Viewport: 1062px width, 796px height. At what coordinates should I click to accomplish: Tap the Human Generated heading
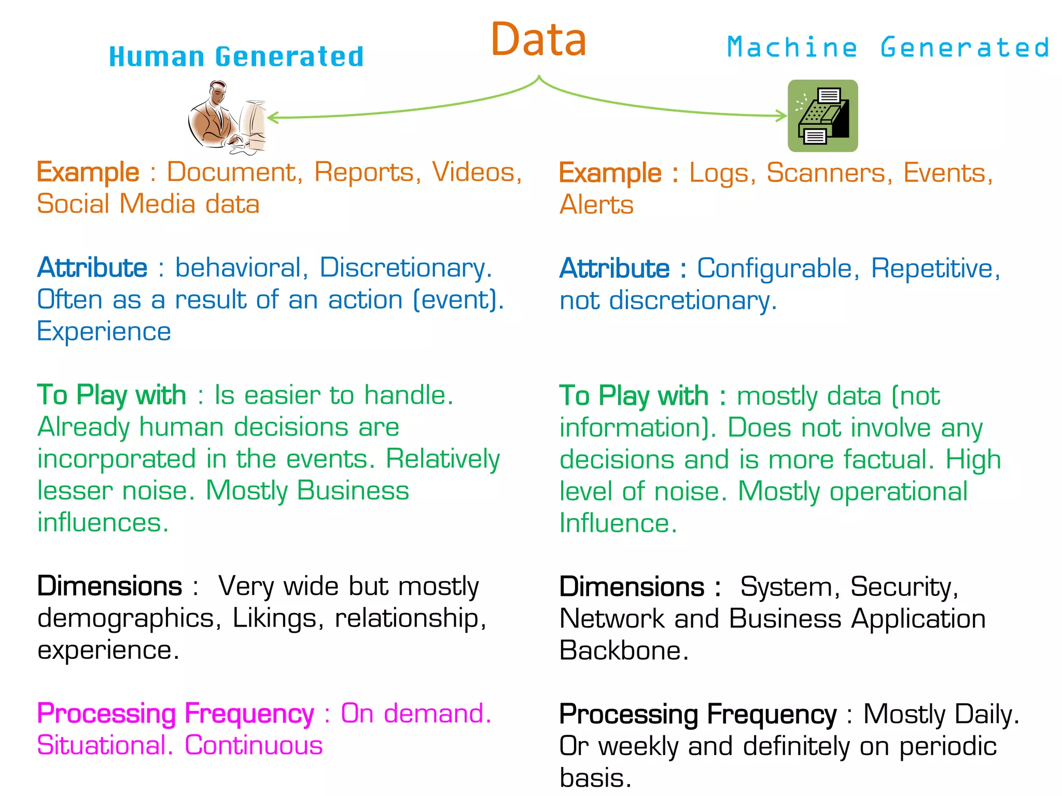pos(236,57)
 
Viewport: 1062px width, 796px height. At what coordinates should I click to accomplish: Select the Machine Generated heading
pos(888,48)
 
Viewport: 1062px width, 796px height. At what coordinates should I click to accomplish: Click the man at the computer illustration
pos(227,117)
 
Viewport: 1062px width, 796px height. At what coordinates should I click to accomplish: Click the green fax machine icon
pos(822,116)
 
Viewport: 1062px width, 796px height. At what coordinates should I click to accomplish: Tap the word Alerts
pos(596,205)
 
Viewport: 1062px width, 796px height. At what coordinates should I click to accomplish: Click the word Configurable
pos(774,268)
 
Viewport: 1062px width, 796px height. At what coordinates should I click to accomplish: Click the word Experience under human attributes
pos(104,332)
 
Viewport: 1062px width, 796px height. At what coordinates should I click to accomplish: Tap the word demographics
pos(125,618)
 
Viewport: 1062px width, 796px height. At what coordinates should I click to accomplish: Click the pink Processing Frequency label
pos(175,714)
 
